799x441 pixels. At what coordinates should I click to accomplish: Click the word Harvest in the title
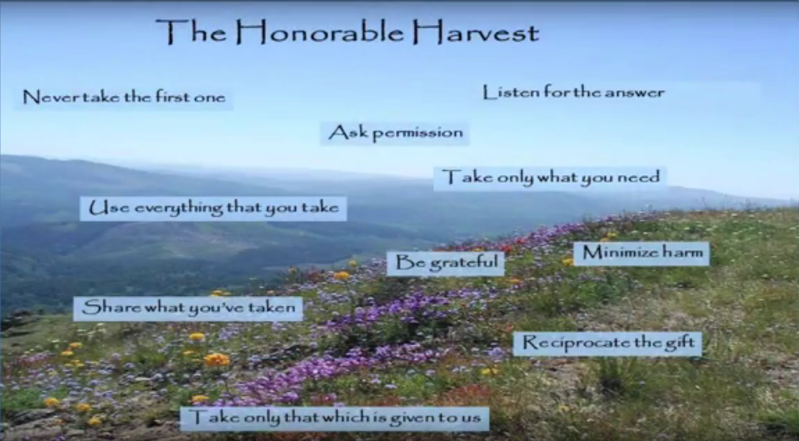tap(476, 33)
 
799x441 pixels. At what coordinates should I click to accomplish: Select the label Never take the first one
tap(124, 97)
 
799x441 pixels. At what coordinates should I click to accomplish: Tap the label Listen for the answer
tap(573, 93)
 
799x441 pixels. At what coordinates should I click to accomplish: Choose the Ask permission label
tap(395, 133)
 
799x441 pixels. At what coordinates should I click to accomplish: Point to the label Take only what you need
tap(551, 178)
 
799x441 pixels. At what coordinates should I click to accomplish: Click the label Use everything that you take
tap(213, 208)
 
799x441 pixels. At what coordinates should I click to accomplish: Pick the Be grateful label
tap(446, 263)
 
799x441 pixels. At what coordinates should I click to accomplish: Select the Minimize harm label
tap(642, 253)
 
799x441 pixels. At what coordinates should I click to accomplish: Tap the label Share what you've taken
tap(188, 308)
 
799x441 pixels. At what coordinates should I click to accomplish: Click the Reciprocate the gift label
tap(607, 343)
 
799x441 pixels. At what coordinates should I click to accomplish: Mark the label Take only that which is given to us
tap(335, 418)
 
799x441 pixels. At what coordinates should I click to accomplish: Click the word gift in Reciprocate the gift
tap(680, 343)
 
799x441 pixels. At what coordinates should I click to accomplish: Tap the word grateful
tap(464, 263)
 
